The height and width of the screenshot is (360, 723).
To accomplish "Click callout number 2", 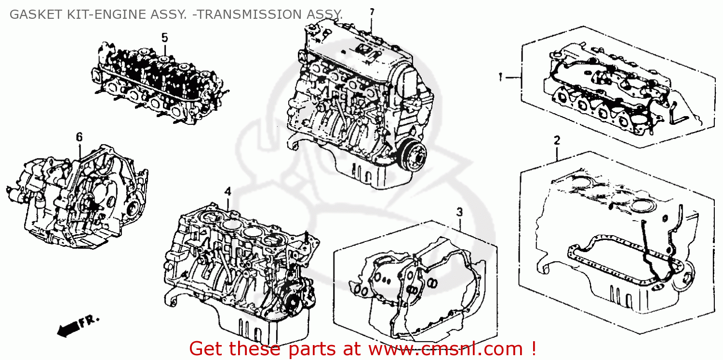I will point(557,141).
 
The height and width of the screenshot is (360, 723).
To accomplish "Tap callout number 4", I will point(228,191).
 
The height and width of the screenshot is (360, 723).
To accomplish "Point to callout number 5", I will point(164,37).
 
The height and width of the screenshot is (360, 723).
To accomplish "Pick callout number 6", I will point(79,137).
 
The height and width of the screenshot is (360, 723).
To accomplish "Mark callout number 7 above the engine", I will point(371,12).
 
